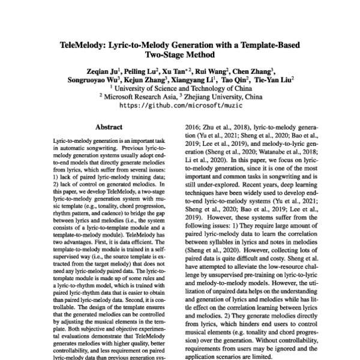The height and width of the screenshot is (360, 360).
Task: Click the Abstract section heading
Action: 109,127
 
